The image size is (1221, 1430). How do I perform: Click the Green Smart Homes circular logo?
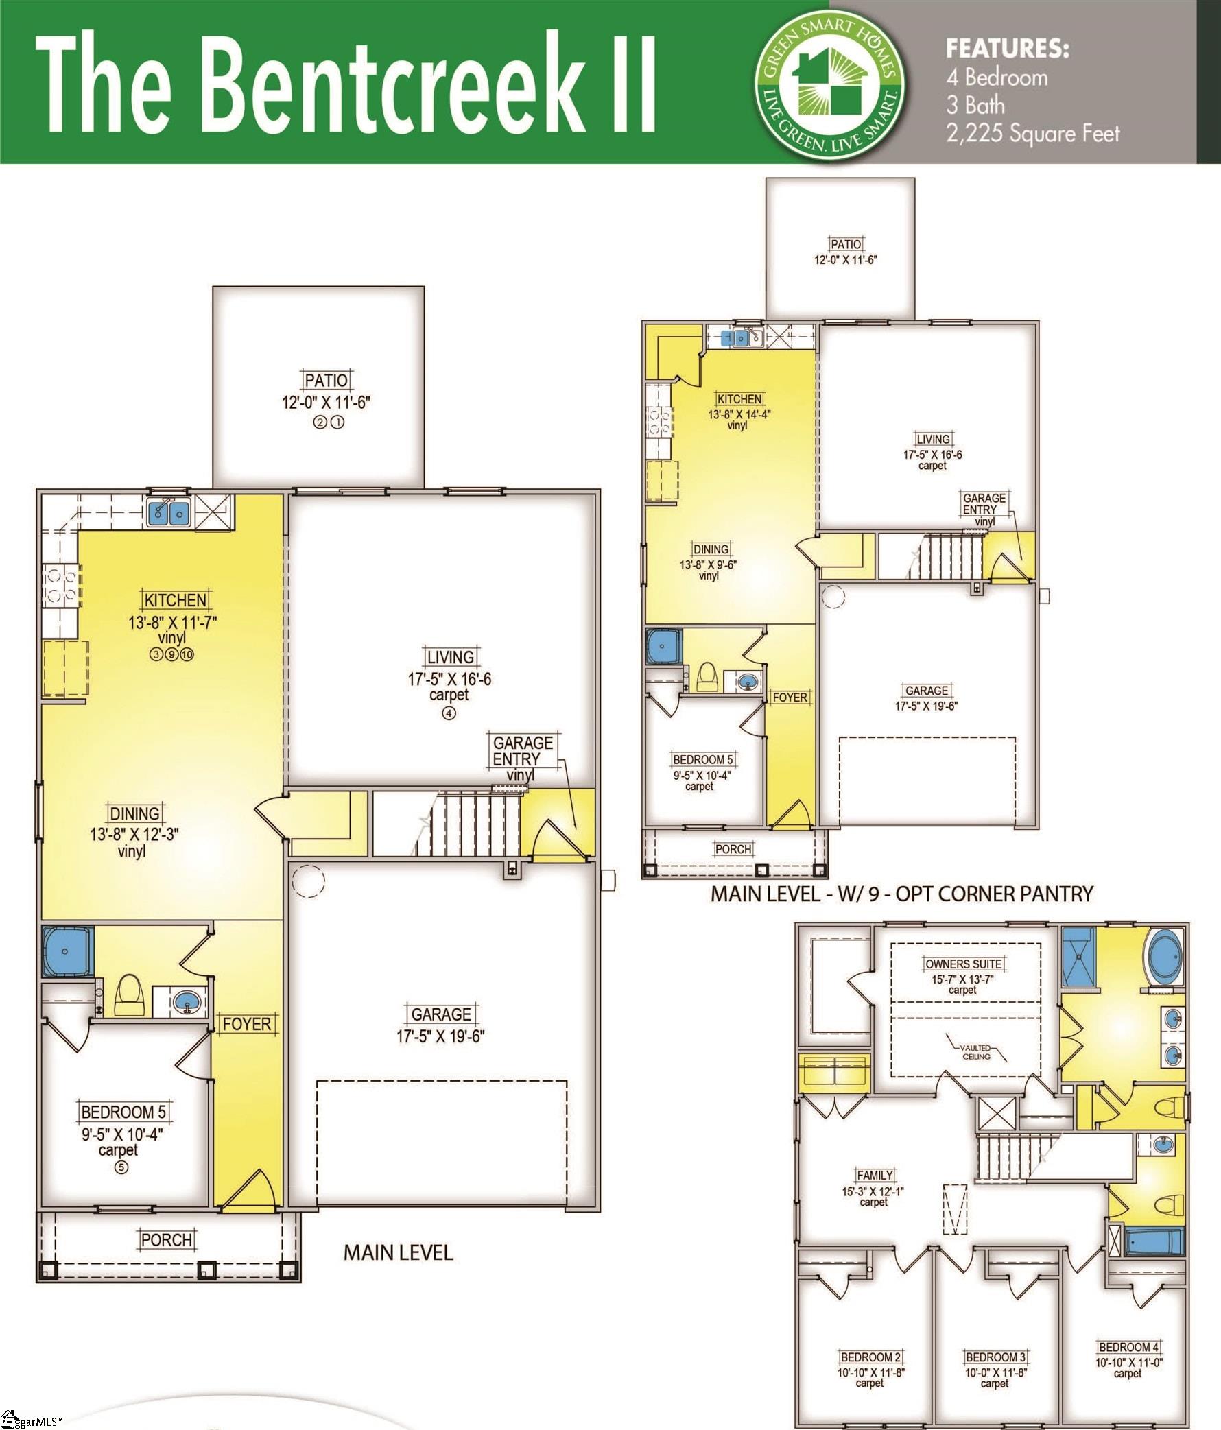click(829, 81)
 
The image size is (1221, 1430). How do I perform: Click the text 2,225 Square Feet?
click(1032, 132)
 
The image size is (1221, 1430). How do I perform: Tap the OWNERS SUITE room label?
click(964, 964)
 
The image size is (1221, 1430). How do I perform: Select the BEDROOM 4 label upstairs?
click(1129, 1347)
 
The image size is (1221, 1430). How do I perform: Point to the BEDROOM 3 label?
click(995, 1357)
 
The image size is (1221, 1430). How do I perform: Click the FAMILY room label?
click(875, 1176)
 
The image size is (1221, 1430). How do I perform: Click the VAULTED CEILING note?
click(976, 1052)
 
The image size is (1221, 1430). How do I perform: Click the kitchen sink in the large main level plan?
click(169, 512)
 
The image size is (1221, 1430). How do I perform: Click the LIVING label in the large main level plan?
click(450, 657)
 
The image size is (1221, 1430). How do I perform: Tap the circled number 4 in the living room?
click(449, 714)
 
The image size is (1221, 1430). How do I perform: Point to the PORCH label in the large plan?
click(166, 1239)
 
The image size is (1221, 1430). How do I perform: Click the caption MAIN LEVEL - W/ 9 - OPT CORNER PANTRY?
click(901, 894)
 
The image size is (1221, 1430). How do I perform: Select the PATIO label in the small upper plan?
click(846, 244)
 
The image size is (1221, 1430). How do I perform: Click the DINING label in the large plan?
click(134, 813)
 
